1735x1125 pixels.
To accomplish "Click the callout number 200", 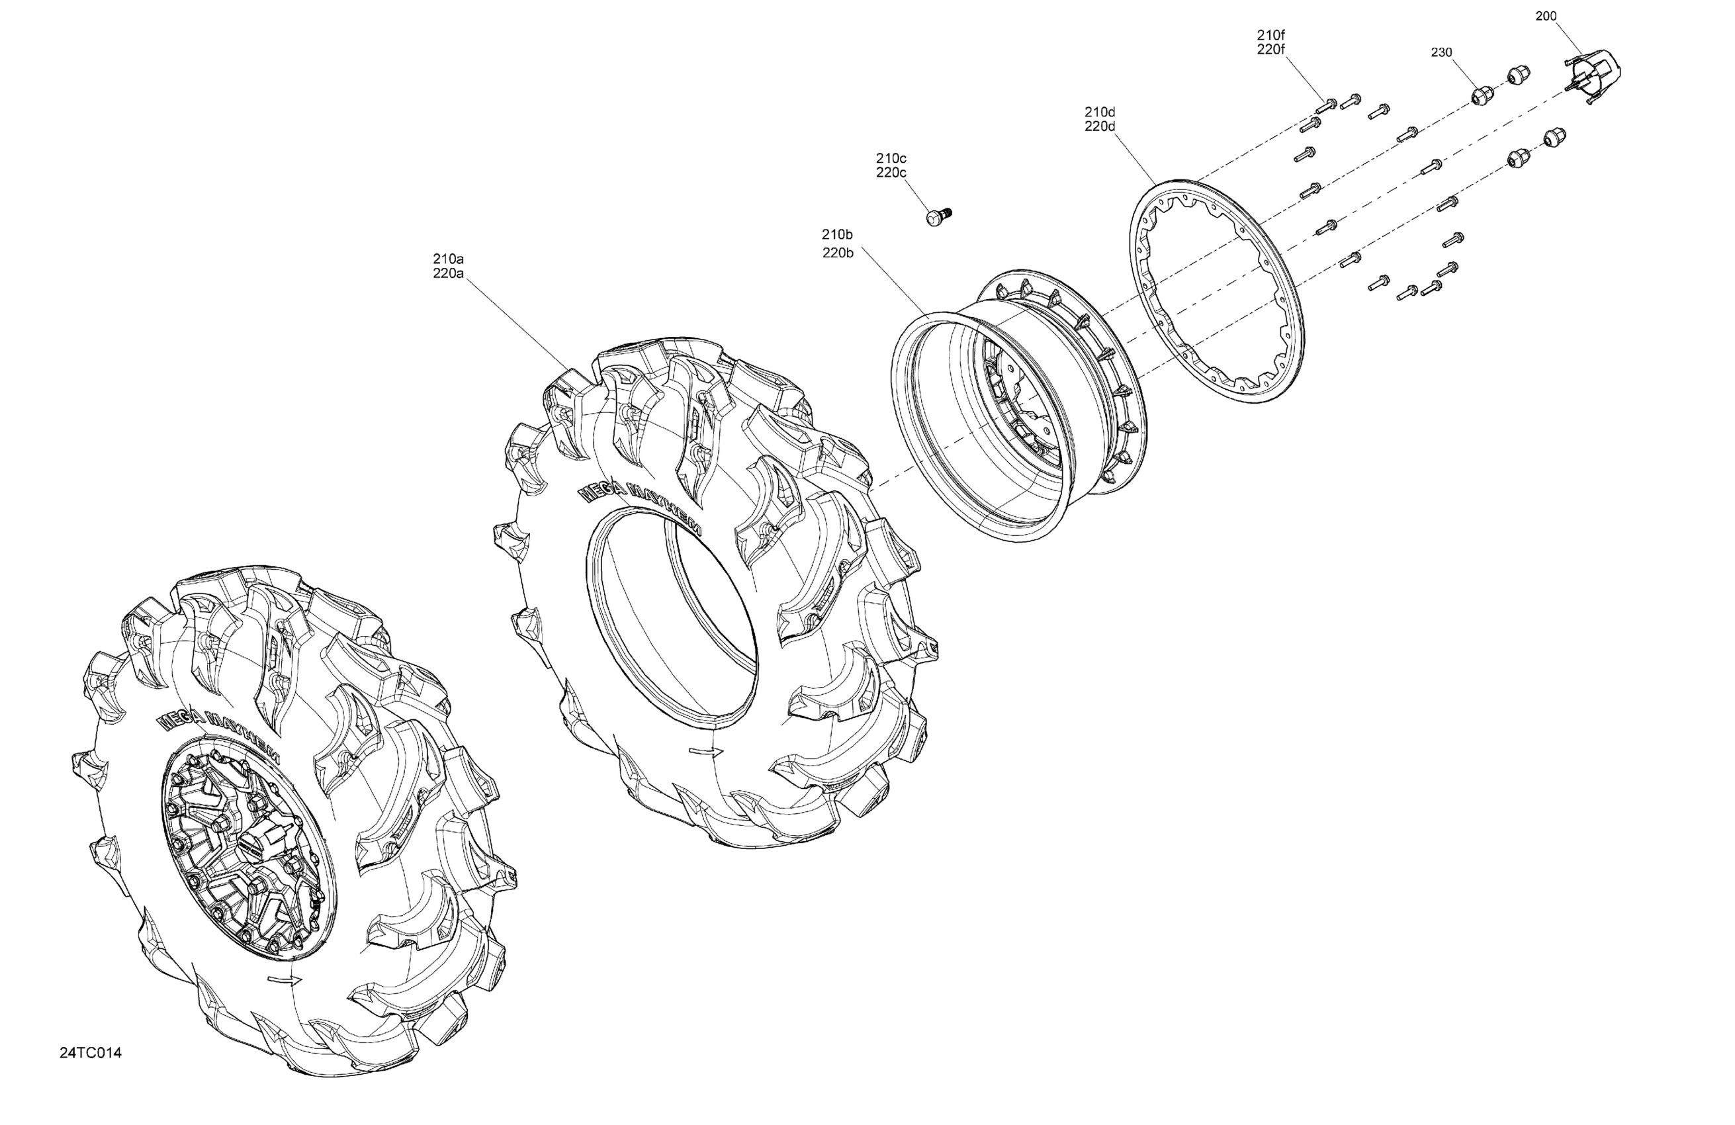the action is pyautogui.click(x=1546, y=15).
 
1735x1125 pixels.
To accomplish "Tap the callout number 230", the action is pyautogui.click(x=1441, y=52).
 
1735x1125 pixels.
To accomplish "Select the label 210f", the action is pyautogui.click(x=1270, y=34).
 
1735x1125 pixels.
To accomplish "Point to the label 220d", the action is pyautogui.click(x=1100, y=126).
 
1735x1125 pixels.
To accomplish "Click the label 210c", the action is pyautogui.click(x=891, y=158).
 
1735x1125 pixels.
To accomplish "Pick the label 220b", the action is pyautogui.click(x=838, y=253).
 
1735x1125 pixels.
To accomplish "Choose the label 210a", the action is pyautogui.click(x=449, y=259).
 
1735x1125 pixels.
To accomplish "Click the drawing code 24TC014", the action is pyautogui.click(x=91, y=1053).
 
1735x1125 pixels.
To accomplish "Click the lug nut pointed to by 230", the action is pyautogui.click(x=1479, y=95).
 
